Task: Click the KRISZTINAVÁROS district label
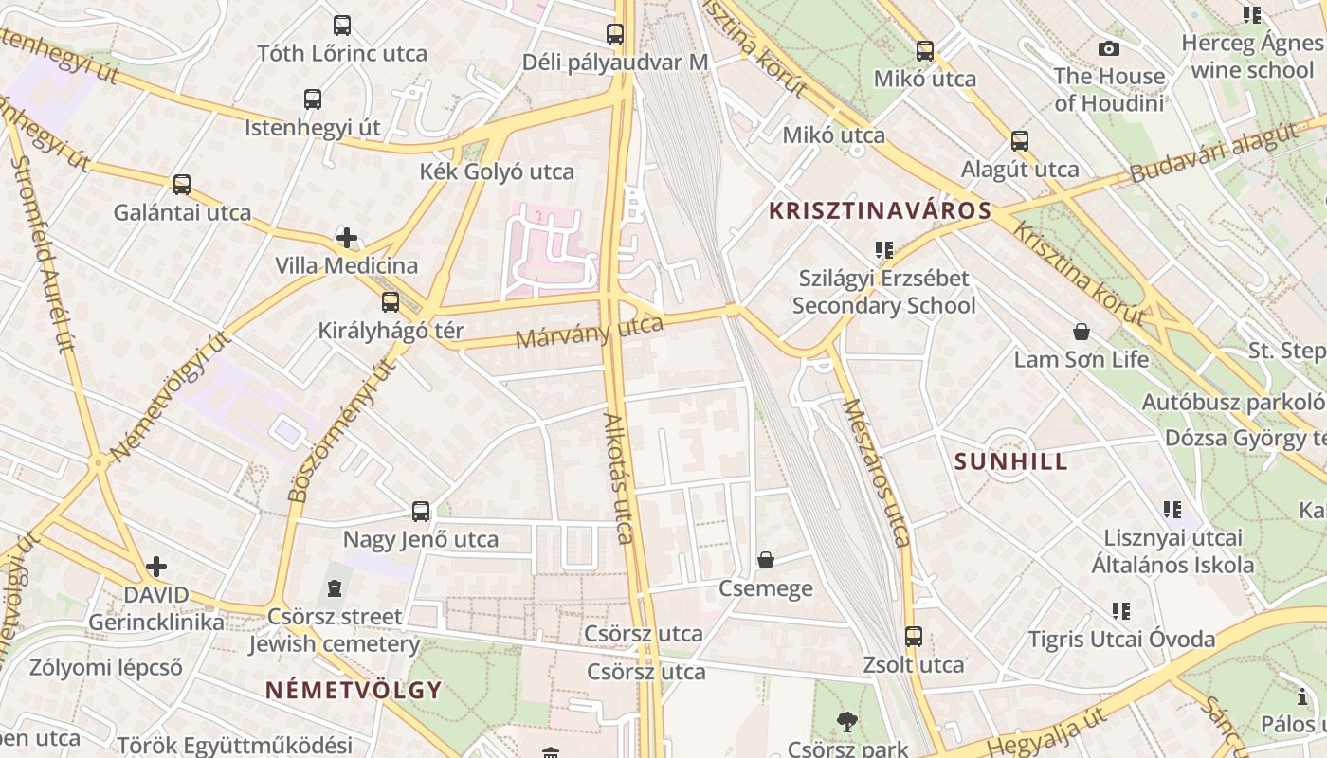coord(881,210)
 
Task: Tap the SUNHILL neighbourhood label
coord(1010,461)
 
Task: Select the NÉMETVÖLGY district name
coord(354,689)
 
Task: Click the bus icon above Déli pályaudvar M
coord(615,34)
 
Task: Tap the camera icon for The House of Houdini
coord(1108,48)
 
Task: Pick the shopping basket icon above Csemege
coord(766,560)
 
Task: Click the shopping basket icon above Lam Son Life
coord(1081,332)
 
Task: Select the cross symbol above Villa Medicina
coord(347,237)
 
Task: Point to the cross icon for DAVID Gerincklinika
coord(156,567)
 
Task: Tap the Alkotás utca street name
coord(618,478)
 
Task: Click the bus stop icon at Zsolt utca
coord(914,636)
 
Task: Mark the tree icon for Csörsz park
coord(847,722)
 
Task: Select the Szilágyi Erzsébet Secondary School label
coord(883,292)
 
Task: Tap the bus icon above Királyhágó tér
coord(391,302)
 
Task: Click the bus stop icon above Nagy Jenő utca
coord(421,512)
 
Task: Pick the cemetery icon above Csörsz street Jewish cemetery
coord(334,589)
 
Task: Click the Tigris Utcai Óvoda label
coord(1122,639)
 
